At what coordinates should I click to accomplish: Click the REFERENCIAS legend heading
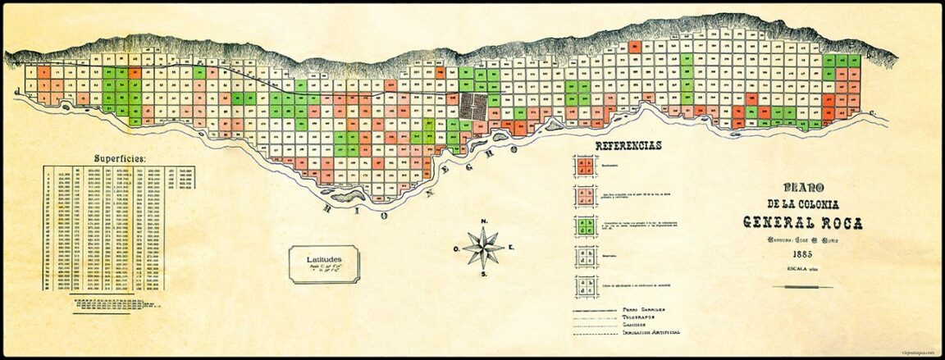pyautogui.click(x=628, y=145)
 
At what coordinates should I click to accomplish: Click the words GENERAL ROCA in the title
pyautogui.click(x=791, y=221)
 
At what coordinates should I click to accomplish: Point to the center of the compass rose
pyautogui.click(x=484, y=248)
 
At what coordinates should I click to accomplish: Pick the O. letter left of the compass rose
pyautogui.click(x=455, y=248)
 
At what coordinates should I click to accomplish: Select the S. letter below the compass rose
pyautogui.click(x=485, y=275)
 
